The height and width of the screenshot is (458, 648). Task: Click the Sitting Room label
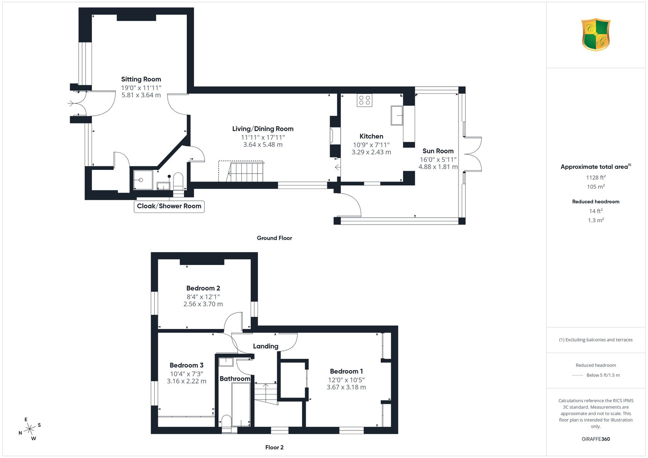tap(141, 79)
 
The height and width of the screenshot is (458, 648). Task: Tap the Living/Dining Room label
tap(263, 129)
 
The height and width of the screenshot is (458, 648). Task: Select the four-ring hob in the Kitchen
tap(364, 100)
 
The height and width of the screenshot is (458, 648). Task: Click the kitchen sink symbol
tap(397, 115)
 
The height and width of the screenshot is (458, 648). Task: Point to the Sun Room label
tap(438, 151)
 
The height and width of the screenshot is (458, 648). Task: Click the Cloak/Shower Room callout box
tap(169, 206)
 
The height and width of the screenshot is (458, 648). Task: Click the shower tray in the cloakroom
tap(143, 180)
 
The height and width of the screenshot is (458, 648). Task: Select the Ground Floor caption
tap(274, 238)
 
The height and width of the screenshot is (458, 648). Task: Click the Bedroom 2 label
tap(203, 288)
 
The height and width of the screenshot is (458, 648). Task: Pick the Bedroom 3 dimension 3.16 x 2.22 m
tap(187, 381)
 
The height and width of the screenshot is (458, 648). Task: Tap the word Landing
tap(266, 346)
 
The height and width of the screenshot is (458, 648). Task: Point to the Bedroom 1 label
tap(346, 371)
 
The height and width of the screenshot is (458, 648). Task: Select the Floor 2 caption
tap(274, 447)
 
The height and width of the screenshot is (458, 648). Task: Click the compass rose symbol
tap(30, 429)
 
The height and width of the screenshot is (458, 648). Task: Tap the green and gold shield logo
tap(596, 35)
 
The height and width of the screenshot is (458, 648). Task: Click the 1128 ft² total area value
tap(596, 178)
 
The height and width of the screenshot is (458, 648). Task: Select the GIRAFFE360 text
tap(596, 439)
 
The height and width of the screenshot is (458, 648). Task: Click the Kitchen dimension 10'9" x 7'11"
tap(371, 145)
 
